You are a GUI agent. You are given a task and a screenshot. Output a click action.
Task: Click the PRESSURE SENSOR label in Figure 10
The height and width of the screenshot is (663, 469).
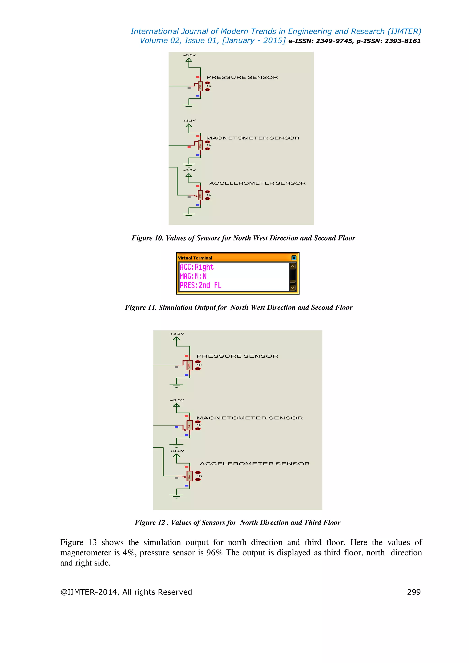coord(242,77)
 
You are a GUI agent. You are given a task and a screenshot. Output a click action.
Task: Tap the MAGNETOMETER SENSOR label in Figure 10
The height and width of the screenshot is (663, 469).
coord(253,138)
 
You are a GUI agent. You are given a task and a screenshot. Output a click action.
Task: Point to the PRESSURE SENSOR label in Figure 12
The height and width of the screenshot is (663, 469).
coord(237,356)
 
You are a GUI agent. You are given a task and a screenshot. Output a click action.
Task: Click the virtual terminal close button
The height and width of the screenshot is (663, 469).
coord(294,258)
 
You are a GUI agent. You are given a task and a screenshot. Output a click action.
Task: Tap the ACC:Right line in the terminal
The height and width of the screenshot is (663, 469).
coord(197,267)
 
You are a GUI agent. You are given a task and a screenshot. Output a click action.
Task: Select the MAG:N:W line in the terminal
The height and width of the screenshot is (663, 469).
coord(193,276)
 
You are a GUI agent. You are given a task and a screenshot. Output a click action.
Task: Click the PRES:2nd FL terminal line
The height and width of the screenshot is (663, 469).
coord(200,285)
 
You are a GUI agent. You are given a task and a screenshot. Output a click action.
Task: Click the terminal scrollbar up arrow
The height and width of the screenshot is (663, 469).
coord(292,266)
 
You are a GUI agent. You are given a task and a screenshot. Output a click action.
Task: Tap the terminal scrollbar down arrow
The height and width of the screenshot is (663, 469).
coord(292,287)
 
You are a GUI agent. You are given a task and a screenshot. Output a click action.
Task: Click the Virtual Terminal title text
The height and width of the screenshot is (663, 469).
coord(195,258)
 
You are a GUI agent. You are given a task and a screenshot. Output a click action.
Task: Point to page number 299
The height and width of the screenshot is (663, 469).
coord(414,592)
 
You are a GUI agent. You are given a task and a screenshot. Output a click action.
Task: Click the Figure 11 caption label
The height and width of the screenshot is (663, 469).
coord(239,307)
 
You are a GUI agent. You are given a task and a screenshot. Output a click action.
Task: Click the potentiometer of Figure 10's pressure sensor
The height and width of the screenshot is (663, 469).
coord(200,86)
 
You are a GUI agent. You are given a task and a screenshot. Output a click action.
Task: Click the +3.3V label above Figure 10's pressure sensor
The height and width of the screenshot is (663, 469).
coord(189,55)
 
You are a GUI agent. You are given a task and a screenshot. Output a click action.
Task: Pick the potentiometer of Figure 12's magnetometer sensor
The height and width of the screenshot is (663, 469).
coord(189,425)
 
